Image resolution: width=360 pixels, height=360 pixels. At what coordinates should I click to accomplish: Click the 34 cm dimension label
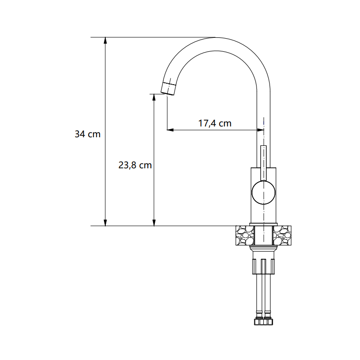click(88, 134)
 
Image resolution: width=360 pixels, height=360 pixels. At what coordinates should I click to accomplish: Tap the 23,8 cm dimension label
click(135, 165)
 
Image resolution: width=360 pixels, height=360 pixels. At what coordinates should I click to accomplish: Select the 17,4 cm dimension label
click(215, 123)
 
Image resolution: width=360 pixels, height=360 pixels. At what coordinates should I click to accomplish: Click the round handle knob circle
click(263, 193)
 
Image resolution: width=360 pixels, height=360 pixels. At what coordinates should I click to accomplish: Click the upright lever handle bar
click(264, 163)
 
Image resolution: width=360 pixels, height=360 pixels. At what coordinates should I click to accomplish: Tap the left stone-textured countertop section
click(245, 235)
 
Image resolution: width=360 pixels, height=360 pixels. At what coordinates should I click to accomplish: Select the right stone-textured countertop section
click(282, 235)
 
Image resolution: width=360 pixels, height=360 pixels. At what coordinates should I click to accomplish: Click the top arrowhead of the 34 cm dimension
click(105, 40)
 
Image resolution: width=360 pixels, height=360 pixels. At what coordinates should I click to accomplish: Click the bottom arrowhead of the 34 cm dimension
click(105, 222)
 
